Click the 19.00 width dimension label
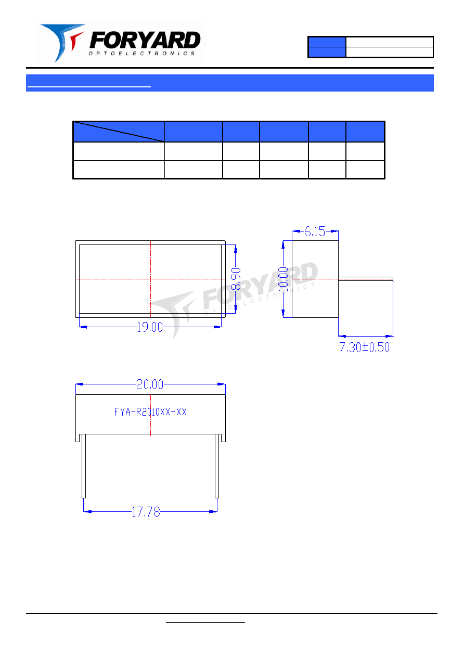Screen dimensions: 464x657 point(150,327)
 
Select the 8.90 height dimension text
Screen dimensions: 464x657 point(236,279)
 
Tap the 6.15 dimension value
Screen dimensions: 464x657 point(314,231)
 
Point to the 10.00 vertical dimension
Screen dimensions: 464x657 point(283,279)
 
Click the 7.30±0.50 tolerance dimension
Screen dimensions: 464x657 point(365,347)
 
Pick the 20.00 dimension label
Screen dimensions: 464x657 point(150,384)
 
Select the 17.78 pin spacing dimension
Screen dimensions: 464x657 point(146,512)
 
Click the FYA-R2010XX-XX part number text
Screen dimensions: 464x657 point(150,412)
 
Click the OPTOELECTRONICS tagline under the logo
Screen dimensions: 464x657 point(141,54)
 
